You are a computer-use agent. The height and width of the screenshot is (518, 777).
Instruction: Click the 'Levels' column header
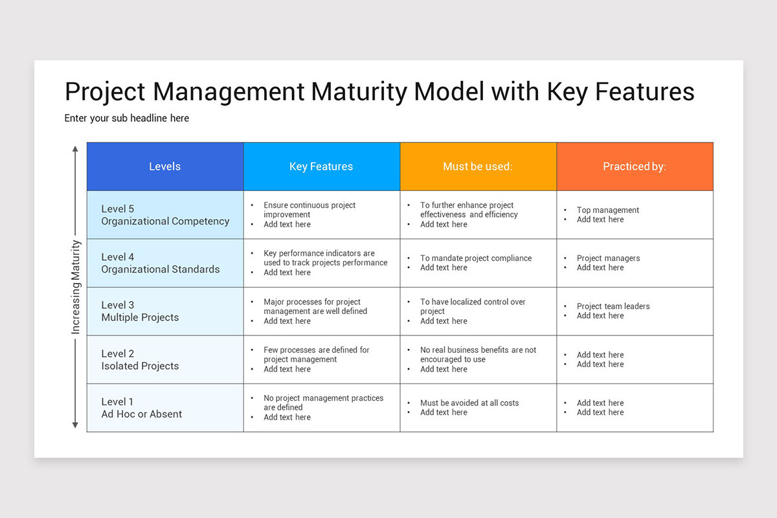164,166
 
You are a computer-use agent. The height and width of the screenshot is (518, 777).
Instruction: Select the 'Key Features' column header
321,166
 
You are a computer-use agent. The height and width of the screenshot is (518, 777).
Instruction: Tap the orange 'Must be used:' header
477,166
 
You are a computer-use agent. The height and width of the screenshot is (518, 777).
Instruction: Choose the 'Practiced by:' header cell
634,166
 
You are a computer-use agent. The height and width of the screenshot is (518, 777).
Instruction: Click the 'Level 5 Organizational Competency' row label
165,215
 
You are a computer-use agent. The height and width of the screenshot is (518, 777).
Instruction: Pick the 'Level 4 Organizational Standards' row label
161,263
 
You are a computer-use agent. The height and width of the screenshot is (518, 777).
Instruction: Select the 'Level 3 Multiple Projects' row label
140,311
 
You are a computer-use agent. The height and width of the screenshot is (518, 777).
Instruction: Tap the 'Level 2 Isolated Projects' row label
140,359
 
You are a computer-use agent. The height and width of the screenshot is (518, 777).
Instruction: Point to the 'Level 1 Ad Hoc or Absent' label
142,408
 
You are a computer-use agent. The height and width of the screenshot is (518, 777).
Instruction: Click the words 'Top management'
608,210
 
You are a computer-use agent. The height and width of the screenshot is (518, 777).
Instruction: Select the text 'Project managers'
608,258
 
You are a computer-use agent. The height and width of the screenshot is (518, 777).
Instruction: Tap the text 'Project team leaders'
613,306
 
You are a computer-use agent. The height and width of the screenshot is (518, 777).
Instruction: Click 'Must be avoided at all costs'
469,403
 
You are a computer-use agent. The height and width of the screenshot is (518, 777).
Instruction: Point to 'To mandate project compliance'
476,258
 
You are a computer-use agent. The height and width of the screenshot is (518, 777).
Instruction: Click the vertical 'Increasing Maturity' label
76,287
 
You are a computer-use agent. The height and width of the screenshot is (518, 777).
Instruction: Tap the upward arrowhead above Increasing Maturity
75,149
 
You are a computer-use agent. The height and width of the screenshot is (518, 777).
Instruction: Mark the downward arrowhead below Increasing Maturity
75,425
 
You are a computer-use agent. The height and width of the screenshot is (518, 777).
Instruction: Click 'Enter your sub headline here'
127,118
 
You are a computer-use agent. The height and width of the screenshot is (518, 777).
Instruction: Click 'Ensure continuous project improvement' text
309,210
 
